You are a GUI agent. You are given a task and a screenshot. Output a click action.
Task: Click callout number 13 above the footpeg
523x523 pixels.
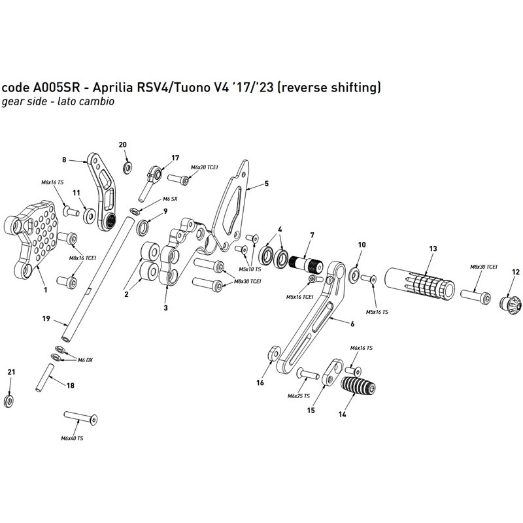[432, 249]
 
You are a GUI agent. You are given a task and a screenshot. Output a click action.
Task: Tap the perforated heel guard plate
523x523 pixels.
[34, 235]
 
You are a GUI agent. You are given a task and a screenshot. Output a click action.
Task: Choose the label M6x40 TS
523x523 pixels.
[72, 438]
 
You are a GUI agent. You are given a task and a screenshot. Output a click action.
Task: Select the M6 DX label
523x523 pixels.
[85, 360]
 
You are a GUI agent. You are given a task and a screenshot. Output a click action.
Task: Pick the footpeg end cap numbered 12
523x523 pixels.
[510, 303]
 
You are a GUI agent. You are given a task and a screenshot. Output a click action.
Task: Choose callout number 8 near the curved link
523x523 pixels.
[65, 159]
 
